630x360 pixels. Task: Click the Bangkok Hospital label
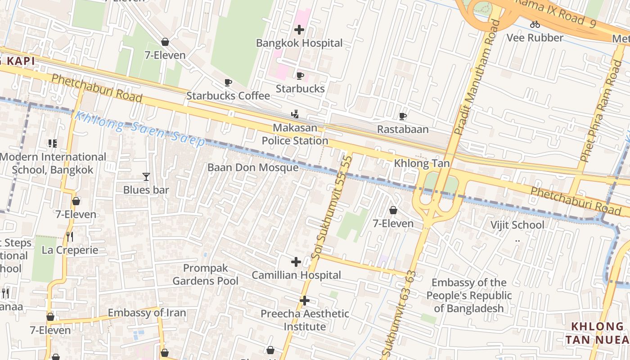point(299,43)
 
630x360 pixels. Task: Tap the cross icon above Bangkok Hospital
point(299,30)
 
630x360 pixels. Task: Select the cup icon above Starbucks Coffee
point(228,83)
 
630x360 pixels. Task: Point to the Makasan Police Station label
point(295,134)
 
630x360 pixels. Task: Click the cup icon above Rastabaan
point(403,117)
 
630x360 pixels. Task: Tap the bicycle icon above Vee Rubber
point(535,25)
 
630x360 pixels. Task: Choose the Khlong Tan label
point(422,163)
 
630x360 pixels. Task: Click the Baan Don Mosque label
point(253,167)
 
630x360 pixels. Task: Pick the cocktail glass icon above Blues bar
point(146,177)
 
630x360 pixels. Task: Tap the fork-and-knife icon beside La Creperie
point(70,237)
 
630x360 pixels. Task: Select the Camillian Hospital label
point(296,275)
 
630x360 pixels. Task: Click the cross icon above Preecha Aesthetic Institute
point(305,301)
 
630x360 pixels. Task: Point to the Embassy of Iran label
point(147,313)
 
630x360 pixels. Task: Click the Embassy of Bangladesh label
point(468,295)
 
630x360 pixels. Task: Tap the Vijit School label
point(517,225)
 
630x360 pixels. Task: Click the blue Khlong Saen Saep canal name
point(139,129)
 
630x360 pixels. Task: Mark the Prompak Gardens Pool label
point(206,274)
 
